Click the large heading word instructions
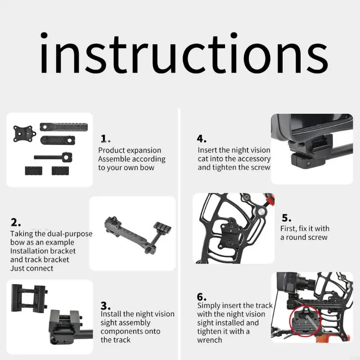184,53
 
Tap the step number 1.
105,139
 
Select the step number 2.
15,222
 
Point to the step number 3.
105,306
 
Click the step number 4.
201,139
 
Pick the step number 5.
287,218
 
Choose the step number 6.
201,297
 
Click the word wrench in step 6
209,340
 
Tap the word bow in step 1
147,167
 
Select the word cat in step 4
203,159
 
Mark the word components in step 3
130,332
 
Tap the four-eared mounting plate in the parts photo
24,134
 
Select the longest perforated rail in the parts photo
63,127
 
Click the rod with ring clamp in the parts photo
53,157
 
